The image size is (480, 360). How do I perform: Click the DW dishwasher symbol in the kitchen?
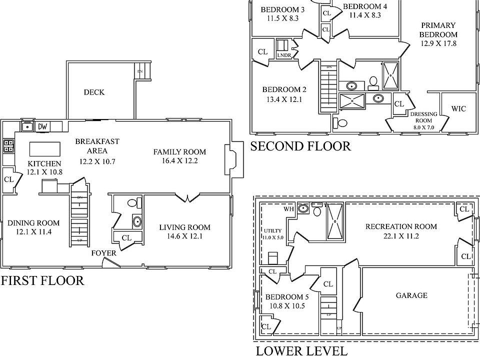(43, 126)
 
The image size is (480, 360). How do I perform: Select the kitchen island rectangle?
(45, 149)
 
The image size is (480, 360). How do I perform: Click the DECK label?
(94, 92)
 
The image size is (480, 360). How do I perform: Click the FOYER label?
(104, 253)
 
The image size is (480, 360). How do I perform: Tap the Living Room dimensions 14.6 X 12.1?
(184, 236)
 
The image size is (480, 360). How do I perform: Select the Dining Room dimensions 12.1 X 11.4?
(33, 232)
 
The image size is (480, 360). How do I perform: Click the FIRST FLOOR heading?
(42, 280)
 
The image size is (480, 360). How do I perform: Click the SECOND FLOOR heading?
(300, 146)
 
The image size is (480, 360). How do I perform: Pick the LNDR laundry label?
(284, 54)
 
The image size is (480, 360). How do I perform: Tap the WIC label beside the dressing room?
(458, 108)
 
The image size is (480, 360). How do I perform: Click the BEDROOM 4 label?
(365, 6)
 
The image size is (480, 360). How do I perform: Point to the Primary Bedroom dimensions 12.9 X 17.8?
(438, 43)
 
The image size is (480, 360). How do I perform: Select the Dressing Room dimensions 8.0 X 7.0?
(423, 127)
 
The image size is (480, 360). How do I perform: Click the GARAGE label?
(411, 295)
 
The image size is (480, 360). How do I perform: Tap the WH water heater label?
(289, 209)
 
